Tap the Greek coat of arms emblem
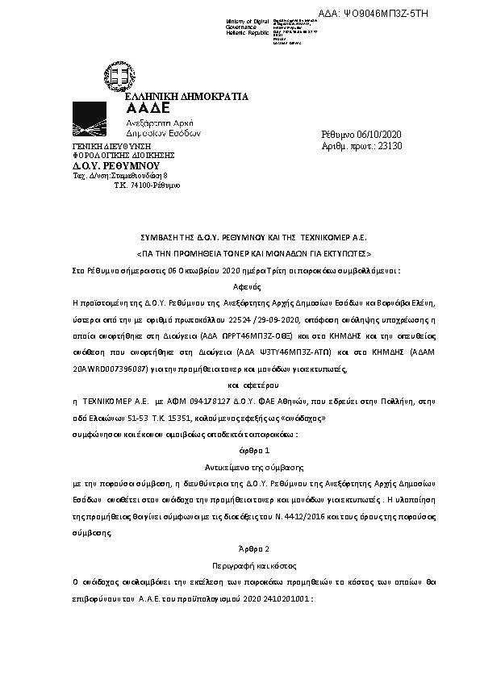(122, 77)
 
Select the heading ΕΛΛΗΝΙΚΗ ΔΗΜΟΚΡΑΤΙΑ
(188, 97)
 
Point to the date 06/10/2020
(384, 134)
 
